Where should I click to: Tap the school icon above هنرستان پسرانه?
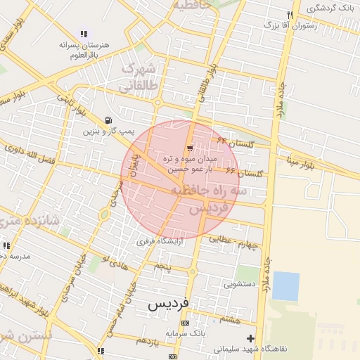click(x=84, y=33)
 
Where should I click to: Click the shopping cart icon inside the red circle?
click(x=191, y=147)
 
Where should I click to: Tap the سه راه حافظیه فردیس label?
click(x=217, y=199)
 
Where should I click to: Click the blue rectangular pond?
click(x=285, y=286)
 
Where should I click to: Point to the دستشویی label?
click(x=241, y=285)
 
